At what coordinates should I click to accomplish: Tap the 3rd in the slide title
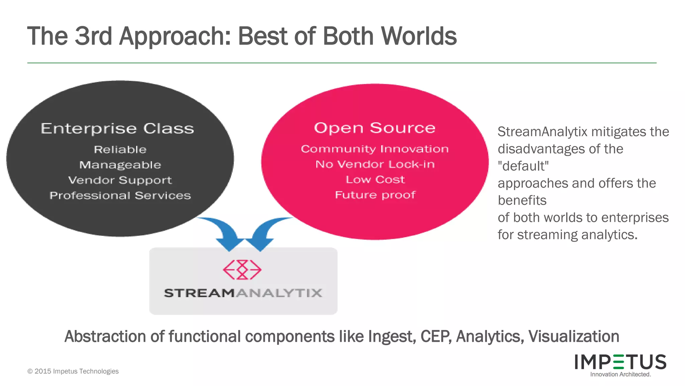93,36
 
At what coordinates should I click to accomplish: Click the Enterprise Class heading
117,129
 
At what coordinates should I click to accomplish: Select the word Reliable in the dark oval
120,149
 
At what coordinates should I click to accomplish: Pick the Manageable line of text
120,165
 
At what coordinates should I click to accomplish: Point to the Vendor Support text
120,180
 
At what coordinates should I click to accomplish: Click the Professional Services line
120,196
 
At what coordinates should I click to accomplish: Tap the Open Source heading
375,128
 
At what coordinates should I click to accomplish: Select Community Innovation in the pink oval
375,149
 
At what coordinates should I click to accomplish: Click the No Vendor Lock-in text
375,164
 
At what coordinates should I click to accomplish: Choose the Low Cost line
375,180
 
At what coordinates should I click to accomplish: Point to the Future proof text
375,195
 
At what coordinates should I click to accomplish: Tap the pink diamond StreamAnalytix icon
242,269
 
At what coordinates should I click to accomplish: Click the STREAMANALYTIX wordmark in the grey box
243,293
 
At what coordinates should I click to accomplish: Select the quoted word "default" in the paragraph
523,166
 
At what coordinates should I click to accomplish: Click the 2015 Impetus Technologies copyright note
73,371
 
